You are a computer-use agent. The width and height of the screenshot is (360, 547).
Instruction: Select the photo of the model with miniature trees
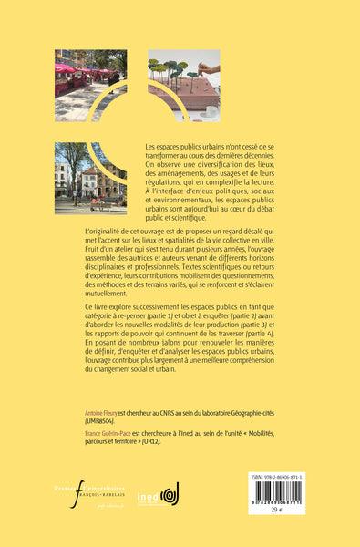[182, 85]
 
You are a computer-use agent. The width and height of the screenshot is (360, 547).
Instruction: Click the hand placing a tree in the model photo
[207, 68]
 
